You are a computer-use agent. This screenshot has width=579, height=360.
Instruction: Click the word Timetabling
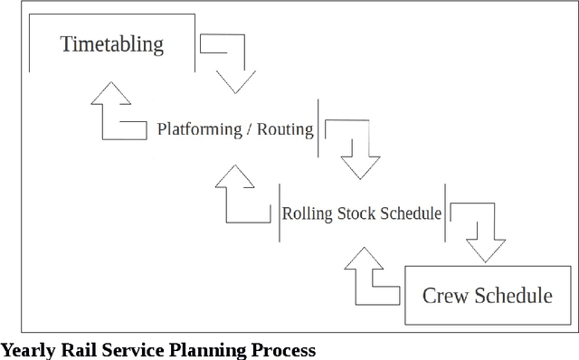[x=112, y=44]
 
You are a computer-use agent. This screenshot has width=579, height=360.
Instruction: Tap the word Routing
[x=285, y=129]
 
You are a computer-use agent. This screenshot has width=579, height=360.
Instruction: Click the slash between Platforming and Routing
[x=249, y=129]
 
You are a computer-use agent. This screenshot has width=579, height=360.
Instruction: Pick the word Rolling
[x=308, y=214]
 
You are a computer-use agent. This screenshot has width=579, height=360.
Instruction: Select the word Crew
[x=445, y=296]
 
